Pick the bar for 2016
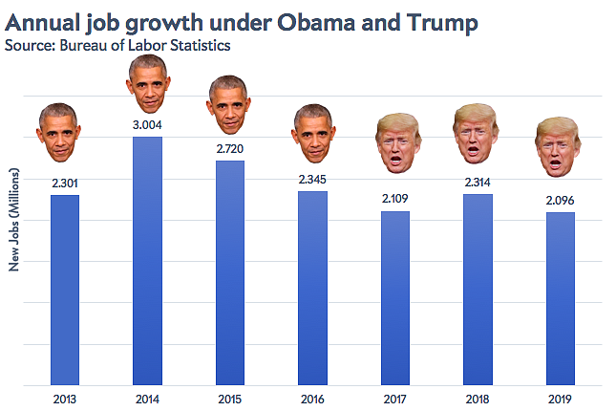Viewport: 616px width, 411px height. [x=312, y=288]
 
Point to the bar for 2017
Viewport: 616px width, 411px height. [x=395, y=297]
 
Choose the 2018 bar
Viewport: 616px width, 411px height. [x=478, y=289]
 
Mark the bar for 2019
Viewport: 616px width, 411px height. [x=561, y=298]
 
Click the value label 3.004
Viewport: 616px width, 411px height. [x=147, y=123]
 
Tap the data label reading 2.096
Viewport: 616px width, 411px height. [x=561, y=200]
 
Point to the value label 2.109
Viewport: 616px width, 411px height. [x=395, y=199]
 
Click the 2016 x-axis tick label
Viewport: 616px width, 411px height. [x=312, y=399]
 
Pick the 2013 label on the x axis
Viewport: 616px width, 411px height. [x=64, y=399]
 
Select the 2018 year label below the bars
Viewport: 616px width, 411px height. [x=478, y=399]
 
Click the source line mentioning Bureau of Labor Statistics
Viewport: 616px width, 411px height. [x=117, y=44]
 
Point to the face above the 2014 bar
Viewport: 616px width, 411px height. [x=147, y=83]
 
